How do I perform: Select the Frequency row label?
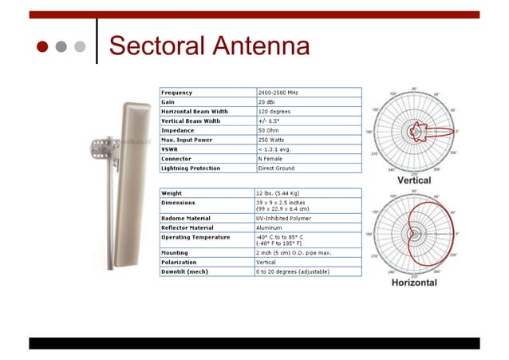point(176,93)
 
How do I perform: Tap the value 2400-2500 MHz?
point(280,93)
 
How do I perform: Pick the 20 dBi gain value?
point(266,102)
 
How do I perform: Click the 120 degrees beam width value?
point(273,112)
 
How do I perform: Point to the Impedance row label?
point(177,130)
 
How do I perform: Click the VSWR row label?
point(168,149)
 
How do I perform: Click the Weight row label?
point(172,193)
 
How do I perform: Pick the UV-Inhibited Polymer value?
point(283,217)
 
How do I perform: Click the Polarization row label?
point(179,262)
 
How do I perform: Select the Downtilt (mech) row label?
point(184,271)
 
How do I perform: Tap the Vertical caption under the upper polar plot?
point(414,180)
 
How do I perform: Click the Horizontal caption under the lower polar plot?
point(414,283)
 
